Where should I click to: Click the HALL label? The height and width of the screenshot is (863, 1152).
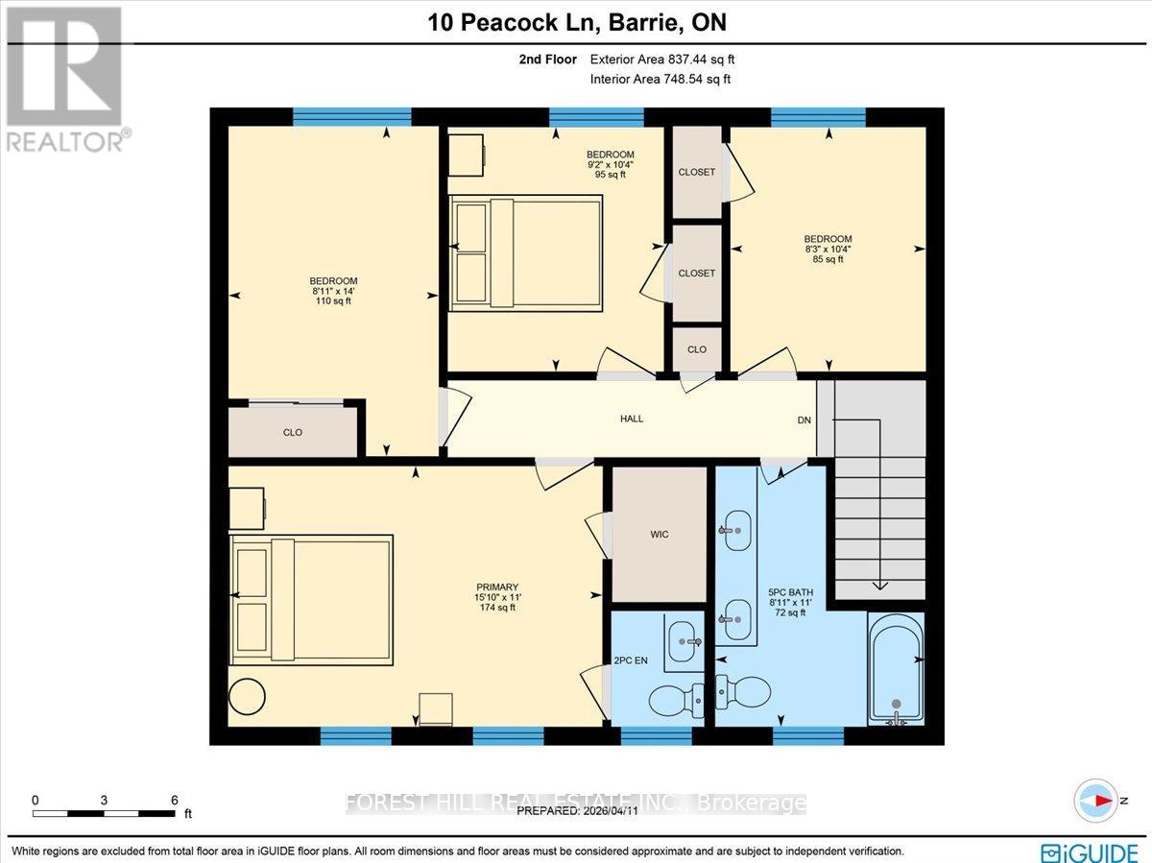pyautogui.click(x=631, y=419)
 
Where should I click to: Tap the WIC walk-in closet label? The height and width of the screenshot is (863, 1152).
pyautogui.click(x=659, y=534)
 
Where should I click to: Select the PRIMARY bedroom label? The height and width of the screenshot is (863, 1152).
pyautogui.click(x=498, y=596)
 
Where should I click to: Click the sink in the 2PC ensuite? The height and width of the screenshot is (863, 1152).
pyautogui.click(x=684, y=635)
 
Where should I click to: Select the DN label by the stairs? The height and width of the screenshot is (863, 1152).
pyautogui.click(x=804, y=420)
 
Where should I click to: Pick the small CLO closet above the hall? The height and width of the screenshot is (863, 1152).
pyautogui.click(x=697, y=349)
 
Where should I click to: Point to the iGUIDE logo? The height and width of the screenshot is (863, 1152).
pyautogui.click(x=1092, y=851)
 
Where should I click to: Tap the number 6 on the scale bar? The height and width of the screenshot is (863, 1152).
pyautogui.click(x=174, y=799)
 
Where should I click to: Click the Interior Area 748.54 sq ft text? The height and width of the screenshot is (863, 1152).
pyautogui.click(x=660, y=79)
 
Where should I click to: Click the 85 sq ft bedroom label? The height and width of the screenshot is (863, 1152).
pyautogui.click(x=828, y=249)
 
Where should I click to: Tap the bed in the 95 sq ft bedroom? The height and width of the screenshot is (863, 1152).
pyautogui.click(x=526, y=252)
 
